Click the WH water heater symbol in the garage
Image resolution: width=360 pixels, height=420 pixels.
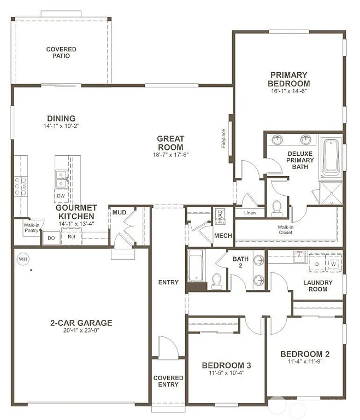(x=23, y=258)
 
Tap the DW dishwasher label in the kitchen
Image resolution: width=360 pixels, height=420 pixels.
(x=61, y=195)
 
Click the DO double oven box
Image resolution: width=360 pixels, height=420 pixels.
(x=51, y=238)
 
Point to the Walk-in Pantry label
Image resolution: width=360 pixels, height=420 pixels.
(x=31, y=228)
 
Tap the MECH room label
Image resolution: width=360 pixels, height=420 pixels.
(x=222, y=236)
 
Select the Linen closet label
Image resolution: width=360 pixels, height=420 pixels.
(x=250, y=213)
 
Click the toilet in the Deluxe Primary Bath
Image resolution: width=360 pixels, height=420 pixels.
(x=277, y=207)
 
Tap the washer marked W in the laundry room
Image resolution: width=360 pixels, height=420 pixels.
(x=333, y=264)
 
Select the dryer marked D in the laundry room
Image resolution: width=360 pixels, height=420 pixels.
(x=317, y=264)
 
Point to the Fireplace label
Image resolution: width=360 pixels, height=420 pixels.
(x=223, y=138)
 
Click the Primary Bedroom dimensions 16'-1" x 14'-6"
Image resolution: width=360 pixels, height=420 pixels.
(x=288, y=91)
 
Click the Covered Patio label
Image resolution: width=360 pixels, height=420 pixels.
(x=61, y=52)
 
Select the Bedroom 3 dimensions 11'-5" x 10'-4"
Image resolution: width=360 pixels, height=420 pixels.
(x=226, y=374)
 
